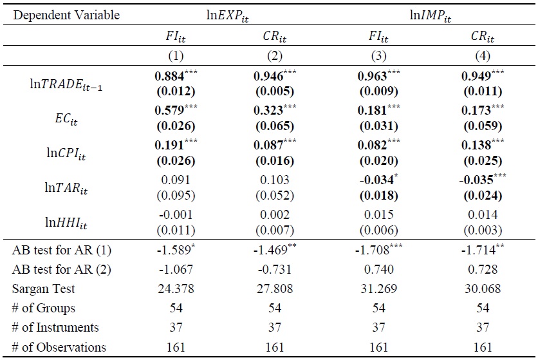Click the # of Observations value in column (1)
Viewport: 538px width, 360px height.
click(x=167, y=348)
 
